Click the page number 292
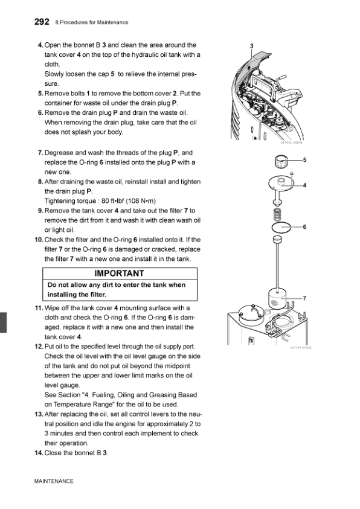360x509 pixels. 42,22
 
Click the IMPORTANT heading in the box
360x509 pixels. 119,274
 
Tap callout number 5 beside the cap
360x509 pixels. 304,160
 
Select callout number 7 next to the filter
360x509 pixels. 304,298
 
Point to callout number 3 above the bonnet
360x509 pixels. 252,46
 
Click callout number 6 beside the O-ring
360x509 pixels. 304,227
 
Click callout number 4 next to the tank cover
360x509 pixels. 304,185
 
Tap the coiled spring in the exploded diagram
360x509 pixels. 277,214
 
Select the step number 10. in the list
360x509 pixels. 39,240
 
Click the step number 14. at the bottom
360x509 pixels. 39,453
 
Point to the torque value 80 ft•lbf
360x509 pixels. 112,201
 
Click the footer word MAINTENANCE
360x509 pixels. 54,481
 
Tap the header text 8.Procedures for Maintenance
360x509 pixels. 92,22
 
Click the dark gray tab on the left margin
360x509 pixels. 3,322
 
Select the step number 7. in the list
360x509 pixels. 40,153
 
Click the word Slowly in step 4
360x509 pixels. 54,74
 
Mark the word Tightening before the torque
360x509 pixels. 59,201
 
